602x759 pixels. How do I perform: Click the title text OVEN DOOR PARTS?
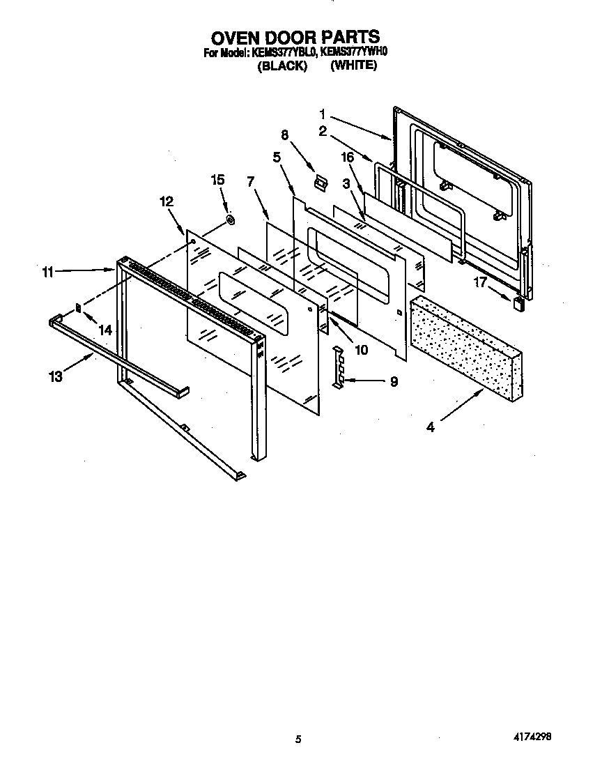point(296,37)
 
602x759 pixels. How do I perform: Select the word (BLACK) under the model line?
point(282,66)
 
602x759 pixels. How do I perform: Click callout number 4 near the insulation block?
point(431,427)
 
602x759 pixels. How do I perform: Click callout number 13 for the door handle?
point(56,376)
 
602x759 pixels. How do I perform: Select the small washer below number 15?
point(229,221)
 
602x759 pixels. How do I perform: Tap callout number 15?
point(217,180)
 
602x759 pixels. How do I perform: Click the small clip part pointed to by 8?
point(320,183)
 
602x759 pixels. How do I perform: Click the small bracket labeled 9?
point(338,366)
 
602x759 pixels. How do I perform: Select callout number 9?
point(394,381)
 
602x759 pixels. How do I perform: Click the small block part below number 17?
point(518,302)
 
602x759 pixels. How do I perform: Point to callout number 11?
point(47,272)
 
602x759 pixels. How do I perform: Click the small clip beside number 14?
point(79,306)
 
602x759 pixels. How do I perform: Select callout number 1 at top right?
point(323,112)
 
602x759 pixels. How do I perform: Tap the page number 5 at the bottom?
point(298,739)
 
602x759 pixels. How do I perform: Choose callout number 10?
point(361,349)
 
